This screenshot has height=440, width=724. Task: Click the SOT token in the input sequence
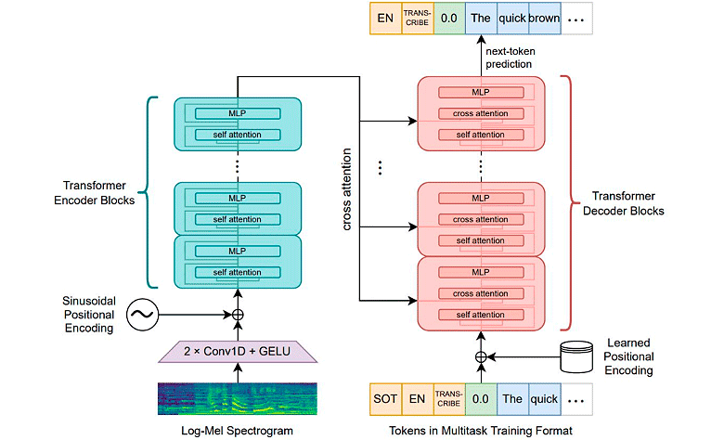[386, 399]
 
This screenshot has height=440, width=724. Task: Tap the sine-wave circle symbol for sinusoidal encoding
[142, 316]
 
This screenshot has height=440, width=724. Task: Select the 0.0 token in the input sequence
[482, 399]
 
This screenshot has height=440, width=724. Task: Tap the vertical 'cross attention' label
[347, 195]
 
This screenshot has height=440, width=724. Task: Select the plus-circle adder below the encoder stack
[238, 316]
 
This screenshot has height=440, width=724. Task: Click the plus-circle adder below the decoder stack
[481, 357]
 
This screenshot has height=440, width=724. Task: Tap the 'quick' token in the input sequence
[545, 399]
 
